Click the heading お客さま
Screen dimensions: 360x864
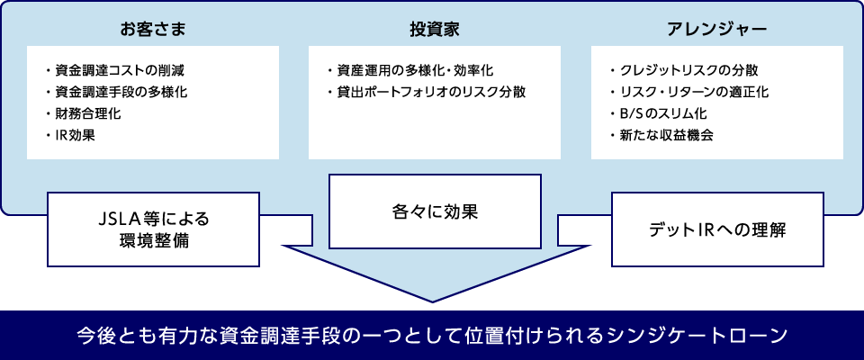(153, 29)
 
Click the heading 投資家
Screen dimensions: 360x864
(435, 29)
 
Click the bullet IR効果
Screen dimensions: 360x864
(75, 137)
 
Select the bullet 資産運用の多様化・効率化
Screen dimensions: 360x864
(415, 69)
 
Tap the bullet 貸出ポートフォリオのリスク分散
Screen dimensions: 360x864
(431, 92)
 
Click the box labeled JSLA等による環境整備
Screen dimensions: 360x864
(153, 229)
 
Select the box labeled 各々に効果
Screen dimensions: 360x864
(435, 212)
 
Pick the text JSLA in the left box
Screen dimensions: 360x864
(114, 219)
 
